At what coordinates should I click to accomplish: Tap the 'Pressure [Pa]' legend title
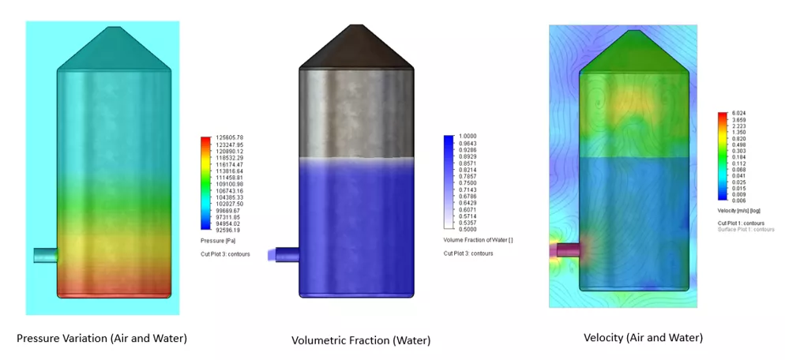(x=219, y=239)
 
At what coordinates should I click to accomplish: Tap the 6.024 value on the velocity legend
(x=736, y=114)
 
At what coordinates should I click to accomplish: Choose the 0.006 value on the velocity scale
(x=736, y=201)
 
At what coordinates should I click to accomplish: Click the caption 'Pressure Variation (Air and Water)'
(x=102, y=338)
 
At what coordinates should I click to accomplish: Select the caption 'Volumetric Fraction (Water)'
(x=361, y=340)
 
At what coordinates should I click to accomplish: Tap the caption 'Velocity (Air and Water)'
(x=643, y=337)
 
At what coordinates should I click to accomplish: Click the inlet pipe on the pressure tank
(x=46, y=255)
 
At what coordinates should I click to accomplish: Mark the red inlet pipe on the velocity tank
(x=566, y=250)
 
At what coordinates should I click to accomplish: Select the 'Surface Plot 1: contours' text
(x=746, y=229)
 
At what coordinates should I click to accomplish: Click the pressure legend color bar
(x=206, y=184)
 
